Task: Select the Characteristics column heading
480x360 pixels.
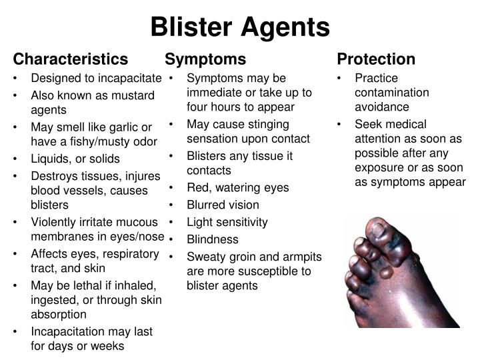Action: pos(71,59)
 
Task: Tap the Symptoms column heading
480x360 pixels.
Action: pos(205,59)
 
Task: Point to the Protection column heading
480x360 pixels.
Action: pos(376,59)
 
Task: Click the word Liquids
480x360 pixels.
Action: pos(50,159)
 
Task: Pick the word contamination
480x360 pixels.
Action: pos(392,92)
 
